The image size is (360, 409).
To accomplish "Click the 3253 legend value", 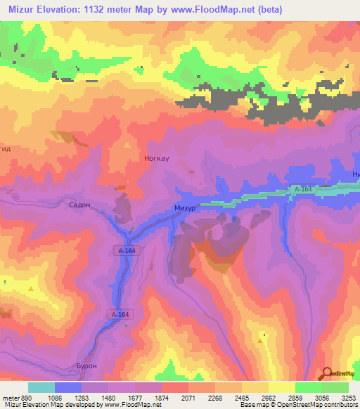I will tap(349, 397).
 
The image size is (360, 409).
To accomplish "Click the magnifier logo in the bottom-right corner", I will tap(327, 372).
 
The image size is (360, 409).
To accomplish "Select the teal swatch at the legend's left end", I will tap(41, 387).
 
